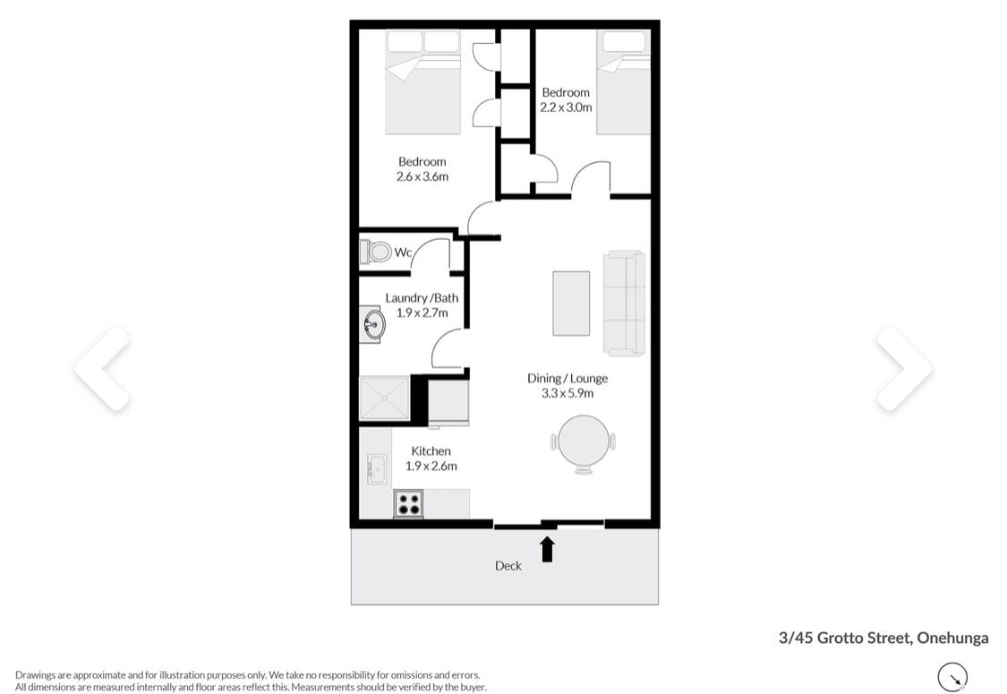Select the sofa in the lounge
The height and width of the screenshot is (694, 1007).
(624, 303)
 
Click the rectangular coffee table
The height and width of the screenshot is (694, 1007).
(571, 304)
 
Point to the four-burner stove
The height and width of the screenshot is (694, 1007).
(408, 504)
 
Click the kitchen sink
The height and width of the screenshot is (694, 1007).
(376, 469)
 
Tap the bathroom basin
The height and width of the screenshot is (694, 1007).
(371, 324)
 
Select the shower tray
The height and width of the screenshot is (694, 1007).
(384, 398)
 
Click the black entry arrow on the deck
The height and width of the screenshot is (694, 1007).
(547, 550)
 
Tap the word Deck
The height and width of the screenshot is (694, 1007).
(508, 565)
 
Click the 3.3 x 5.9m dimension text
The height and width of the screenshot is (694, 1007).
(568, 393)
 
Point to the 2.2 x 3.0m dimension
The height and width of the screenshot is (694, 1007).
(566, 107)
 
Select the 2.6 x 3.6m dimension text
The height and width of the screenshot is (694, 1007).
(422, 176)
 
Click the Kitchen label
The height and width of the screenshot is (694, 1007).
(431, 451)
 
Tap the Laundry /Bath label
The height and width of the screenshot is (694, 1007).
(422, 298)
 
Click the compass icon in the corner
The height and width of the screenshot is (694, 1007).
(952, 677)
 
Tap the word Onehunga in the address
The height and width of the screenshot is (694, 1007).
(952, 638)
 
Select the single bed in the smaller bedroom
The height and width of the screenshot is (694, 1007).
(623, 82)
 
